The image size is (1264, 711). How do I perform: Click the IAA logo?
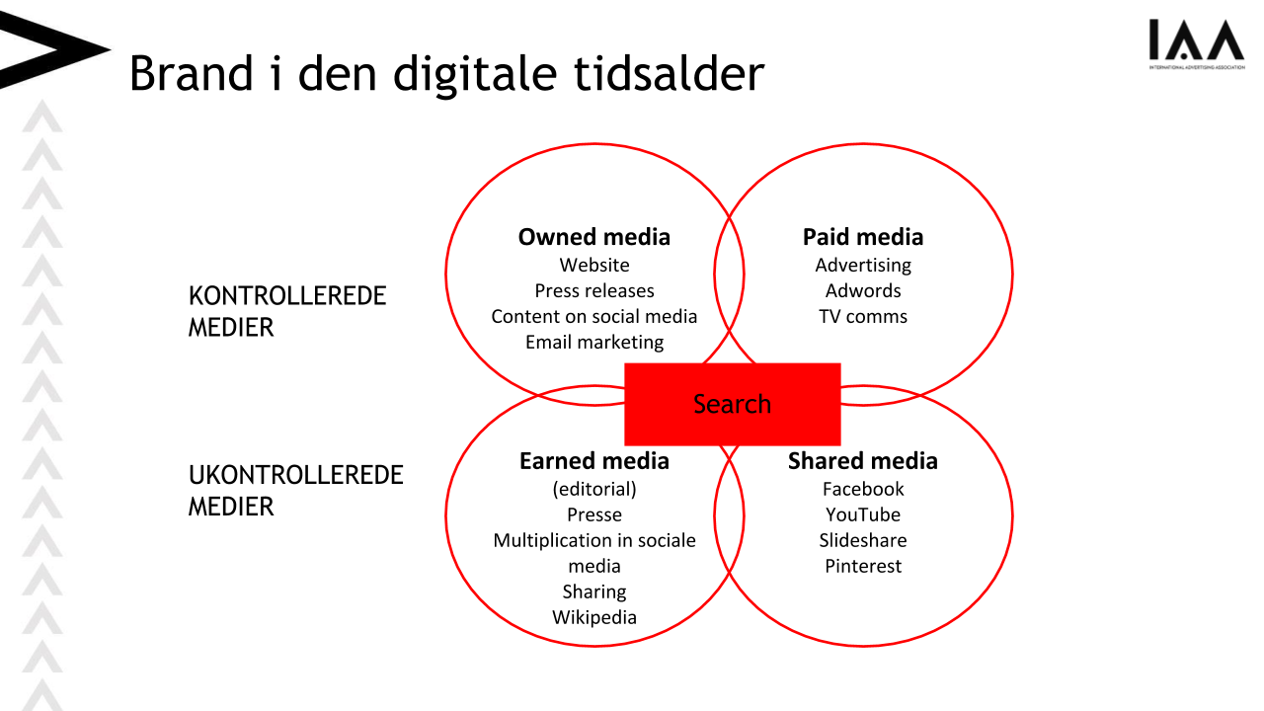click(x=1196, y=44)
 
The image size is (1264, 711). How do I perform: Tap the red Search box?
click(x=733, y=404)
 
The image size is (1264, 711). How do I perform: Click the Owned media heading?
click(x=594, y=237)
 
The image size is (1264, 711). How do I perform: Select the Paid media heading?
click(x=863, y=237)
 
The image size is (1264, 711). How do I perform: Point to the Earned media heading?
click(x=594, y=461)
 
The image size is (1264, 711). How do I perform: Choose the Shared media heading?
click(x=863, y=461)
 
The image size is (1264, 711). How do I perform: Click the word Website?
click(x=594, y=266)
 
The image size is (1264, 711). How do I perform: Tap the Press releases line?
click(x=594, y=290)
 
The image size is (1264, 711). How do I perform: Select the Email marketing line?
click(x=594, y=342)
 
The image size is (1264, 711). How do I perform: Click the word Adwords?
click(x=863, y=290)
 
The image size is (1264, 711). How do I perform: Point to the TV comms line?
click(x=863, y=317)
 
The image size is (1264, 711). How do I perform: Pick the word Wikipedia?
click(x=594, y=617)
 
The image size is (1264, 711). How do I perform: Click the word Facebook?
click(x=863, y=489)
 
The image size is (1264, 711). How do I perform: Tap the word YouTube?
click(x=863, y=514)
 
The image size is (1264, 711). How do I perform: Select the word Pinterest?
click(x=863, y=566)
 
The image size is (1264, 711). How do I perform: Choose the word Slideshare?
click(x=863, y=540)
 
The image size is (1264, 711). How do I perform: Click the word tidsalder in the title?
click(x=670, y=73)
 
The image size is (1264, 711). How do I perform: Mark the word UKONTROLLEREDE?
click(x=295, y=475)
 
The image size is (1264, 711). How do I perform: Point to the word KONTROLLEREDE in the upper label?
click(x=287, y=296)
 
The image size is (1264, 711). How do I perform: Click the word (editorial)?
click(x=594, y=489)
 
